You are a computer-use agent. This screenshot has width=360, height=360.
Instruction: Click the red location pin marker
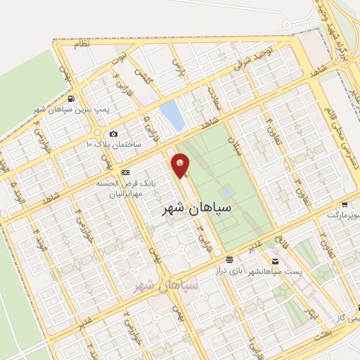(x=181, y=165)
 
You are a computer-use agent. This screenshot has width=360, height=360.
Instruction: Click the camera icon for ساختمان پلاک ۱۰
(x=114, y=134)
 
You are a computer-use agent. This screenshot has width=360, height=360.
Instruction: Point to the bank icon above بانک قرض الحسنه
(x=125, y=172)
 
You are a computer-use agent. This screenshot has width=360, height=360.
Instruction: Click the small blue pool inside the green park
(x=226, y=191)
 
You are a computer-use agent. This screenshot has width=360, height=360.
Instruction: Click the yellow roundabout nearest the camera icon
(x=97, y=133)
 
